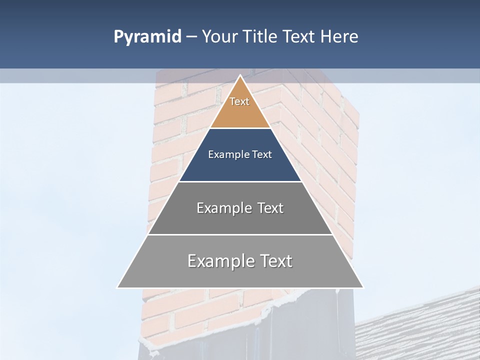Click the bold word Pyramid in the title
coord(147,37)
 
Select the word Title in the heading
coord(262,37)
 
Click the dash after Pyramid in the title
coord(191,37)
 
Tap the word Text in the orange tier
coord(239,101)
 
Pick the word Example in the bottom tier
coord(220,261)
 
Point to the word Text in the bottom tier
coord(275,261)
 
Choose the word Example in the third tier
coord(224,208)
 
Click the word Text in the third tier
coord(270,208)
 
